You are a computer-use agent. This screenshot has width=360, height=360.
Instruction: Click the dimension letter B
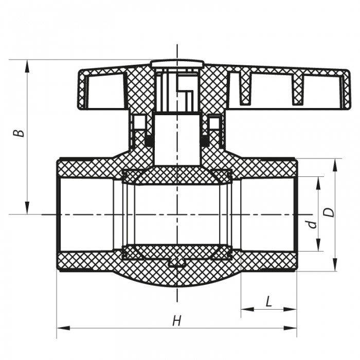pos(19,132)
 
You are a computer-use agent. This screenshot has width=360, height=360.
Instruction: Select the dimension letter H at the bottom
pos(176,321)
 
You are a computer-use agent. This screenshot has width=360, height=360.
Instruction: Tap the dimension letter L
pos(268,302)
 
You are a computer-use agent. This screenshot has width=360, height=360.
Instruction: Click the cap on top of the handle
pos(177,64)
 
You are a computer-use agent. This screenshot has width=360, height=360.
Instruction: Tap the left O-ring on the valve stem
pos(148,139)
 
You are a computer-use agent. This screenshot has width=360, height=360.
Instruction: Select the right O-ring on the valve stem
pos(205,139)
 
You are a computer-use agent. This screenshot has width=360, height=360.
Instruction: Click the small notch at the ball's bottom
pos(177,263)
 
